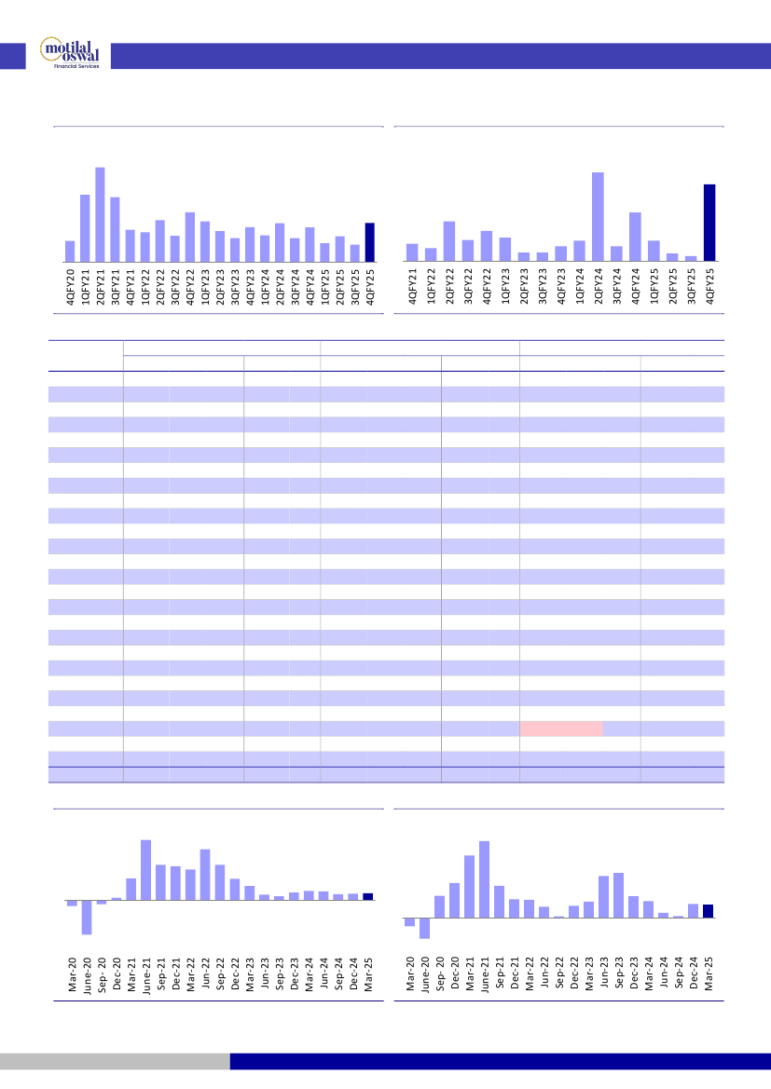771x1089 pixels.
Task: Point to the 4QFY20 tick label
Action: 70,284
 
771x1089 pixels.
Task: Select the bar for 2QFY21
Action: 100,214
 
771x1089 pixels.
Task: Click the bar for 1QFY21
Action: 85,228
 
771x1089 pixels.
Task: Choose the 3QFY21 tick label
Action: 115,284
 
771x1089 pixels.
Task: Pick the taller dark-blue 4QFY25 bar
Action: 709,223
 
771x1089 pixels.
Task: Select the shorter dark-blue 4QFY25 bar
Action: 369,242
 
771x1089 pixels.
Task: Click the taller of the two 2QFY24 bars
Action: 598,217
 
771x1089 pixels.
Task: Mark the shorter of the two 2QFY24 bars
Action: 280,242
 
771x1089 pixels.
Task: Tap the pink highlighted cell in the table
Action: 560,728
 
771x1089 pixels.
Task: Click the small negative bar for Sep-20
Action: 102,902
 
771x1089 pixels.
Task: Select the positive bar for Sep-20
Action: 439,906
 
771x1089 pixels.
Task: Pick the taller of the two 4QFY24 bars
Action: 635,237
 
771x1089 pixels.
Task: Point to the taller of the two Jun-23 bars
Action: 603,896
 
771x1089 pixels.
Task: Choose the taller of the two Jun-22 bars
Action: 205,875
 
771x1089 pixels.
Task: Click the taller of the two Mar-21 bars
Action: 469,886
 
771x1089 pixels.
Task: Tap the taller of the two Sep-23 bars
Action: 618,895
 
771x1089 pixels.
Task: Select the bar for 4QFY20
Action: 70,251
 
